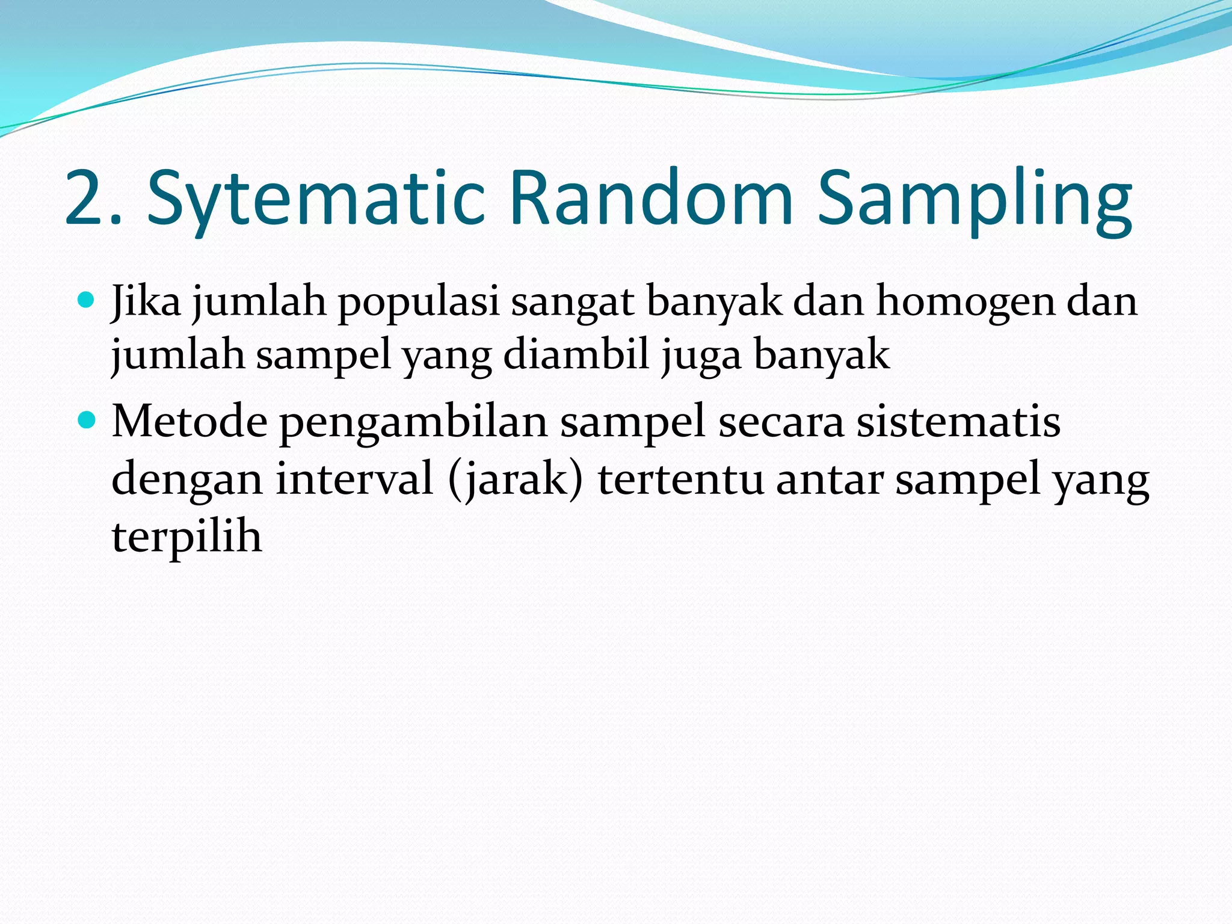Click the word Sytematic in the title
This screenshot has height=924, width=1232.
click(316, 199)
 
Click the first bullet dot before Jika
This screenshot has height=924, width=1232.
click(87, 300)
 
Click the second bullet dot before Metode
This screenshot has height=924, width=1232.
click(87, 419)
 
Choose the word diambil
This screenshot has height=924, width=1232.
click(576, 355)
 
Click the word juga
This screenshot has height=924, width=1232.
click(701, 357)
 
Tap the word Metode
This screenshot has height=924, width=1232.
click(189, 420)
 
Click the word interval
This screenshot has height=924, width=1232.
click(354, 479)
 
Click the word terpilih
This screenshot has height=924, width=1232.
click(186, 537)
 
